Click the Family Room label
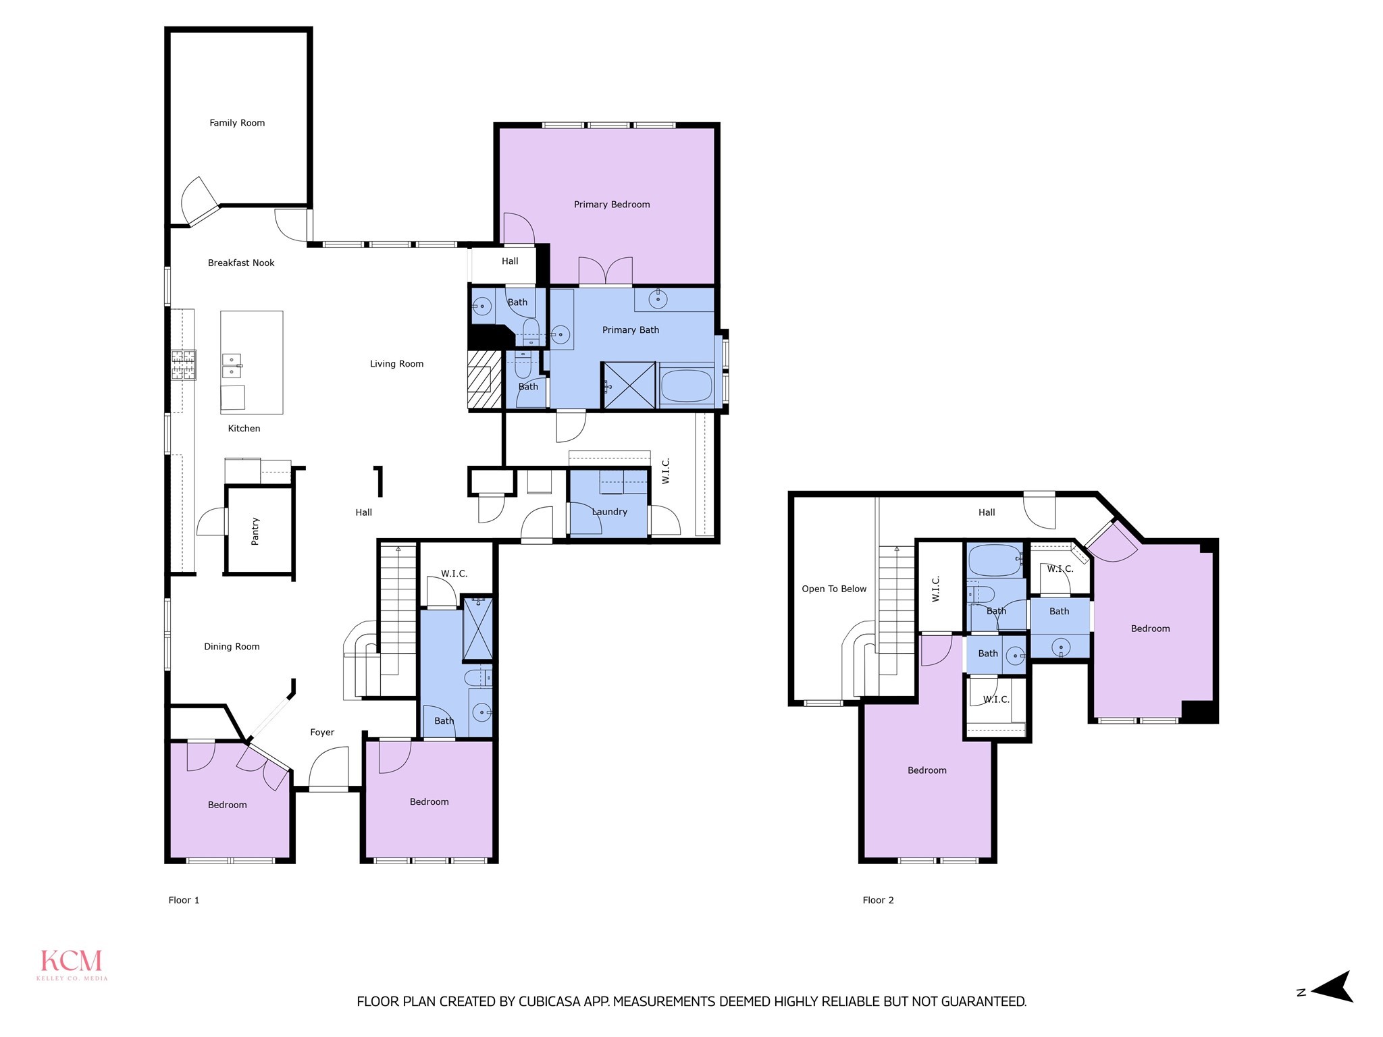coord(237,123)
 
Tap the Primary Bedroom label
coord(612,205)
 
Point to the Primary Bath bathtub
coord(686,385)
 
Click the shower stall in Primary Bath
coord(629,385)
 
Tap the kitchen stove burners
coord(183,365)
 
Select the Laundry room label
coord(610,512)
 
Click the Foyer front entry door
coord(329,770)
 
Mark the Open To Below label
coord(834,589)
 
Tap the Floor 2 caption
coord(878,900)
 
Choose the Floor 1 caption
coord(184,900)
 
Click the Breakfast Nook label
coord(241,263)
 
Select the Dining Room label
coord(232,647)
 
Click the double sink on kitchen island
coord(232,365)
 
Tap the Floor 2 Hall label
coord(987,512)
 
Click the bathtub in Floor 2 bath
coord(994,560)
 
